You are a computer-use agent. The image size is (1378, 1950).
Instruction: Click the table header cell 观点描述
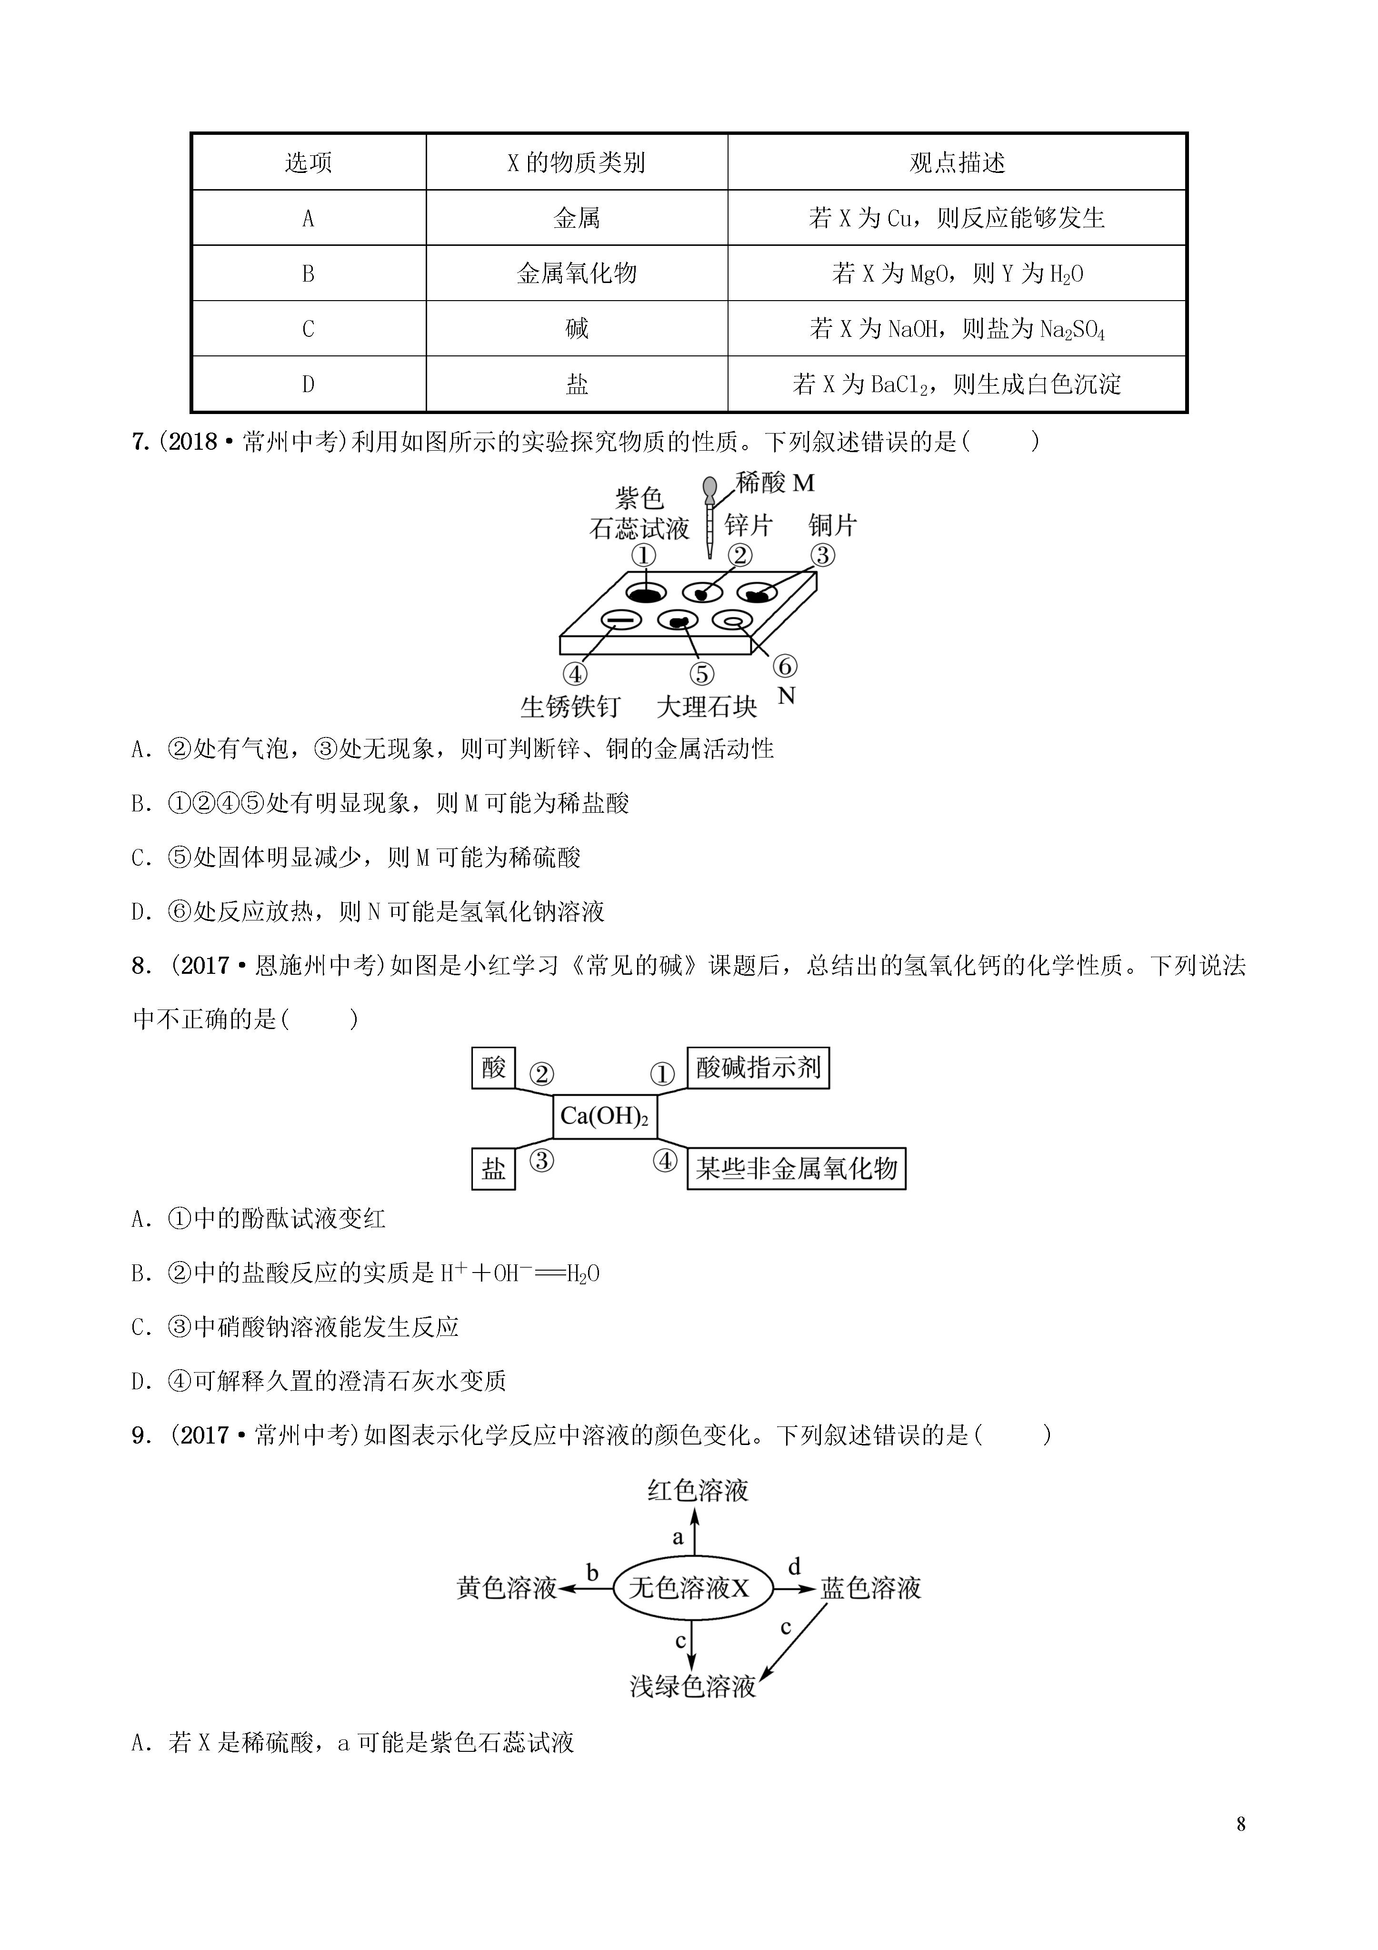(957, 162)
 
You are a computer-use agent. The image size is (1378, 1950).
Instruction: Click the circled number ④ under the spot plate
(575, 674)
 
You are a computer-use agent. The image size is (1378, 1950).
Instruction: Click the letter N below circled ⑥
(786, 697)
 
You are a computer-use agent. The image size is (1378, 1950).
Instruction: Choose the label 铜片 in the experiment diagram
(833, 525)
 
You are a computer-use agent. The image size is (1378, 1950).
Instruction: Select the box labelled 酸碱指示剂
(758, 1068)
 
